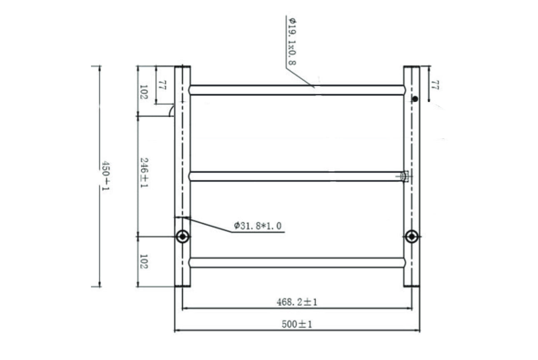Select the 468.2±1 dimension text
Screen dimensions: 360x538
[297, 302]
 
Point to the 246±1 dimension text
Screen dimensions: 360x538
[144, 172]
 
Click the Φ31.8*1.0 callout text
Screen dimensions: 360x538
[258, 226]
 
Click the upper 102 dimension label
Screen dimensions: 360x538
[144, 92]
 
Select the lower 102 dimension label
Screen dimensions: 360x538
[144, 261]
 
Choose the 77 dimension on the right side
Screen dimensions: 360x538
[435, 85]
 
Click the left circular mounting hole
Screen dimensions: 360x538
[182, 236]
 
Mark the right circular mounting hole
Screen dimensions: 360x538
[412, 236]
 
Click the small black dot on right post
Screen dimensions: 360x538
[415, 99]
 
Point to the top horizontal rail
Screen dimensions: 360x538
[297, 90]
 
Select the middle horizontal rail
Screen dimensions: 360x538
[297, 176]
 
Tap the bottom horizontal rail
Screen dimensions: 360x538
[297, 262]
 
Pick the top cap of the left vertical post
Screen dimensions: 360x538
[182, 67]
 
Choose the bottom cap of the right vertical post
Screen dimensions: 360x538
[411, 285]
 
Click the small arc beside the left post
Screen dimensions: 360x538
[171, 110]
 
